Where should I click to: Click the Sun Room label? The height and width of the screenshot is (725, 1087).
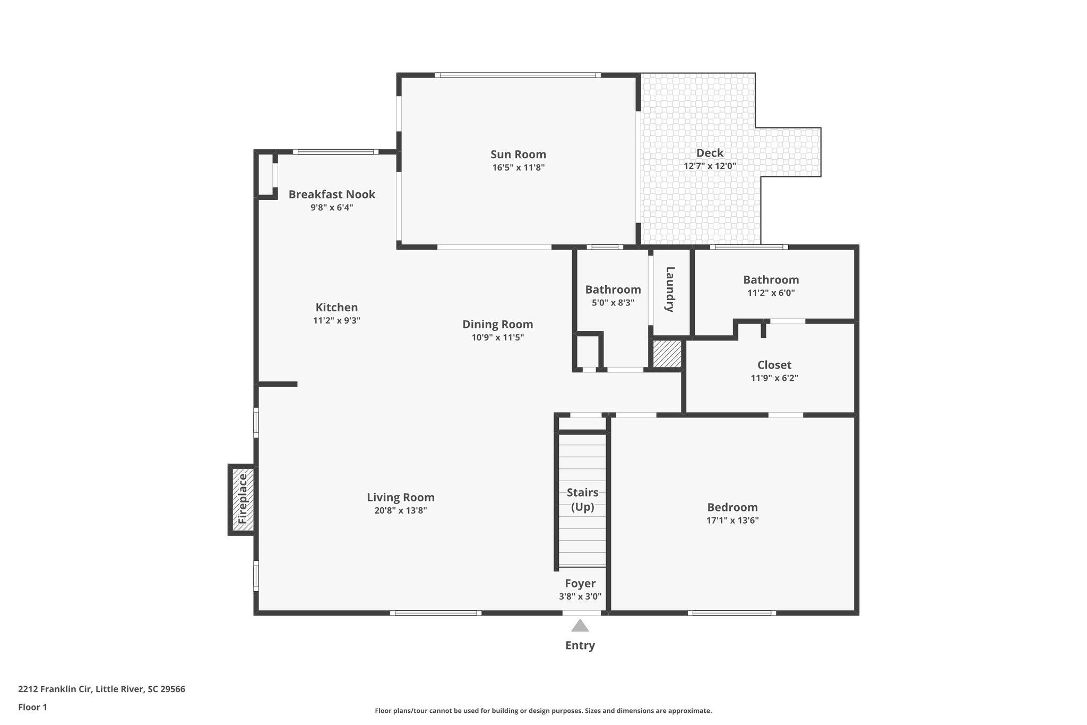[x=518, y=155]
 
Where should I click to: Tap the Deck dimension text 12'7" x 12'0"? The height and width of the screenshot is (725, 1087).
[x=710, y=166]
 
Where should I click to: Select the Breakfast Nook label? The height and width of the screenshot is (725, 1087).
[x=332, y=194]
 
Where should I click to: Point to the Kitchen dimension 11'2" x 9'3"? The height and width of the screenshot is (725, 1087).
[x=337, y=320]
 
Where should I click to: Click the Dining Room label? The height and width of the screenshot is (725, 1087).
[x=497, y=325]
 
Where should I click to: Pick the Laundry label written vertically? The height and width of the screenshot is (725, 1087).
[x=670, y=289]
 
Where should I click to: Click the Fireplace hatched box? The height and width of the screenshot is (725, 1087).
[x=242, y=499]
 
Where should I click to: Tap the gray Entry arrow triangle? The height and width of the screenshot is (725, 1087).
[x=580, y=626]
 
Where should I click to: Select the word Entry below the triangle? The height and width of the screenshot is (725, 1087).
[x=580, y=645]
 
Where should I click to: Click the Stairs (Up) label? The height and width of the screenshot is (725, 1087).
[x=582, y=500]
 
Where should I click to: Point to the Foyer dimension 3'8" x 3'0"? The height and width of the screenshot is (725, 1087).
[x=580, y=596]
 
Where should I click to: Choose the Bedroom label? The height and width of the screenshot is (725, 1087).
[x=732, y=507]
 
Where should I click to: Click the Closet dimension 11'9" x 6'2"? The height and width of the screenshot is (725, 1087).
[x=774, y=378]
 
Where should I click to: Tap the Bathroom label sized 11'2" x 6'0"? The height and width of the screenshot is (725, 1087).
[x=771, y=280]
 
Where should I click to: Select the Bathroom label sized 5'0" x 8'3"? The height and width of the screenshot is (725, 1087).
[x=613, y=290]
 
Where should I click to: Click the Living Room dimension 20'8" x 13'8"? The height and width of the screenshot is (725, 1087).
[x=401, y=510]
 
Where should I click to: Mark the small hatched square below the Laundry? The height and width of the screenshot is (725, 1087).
[x=667, y=354]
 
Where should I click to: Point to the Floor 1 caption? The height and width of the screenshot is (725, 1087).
[x=33, y=707]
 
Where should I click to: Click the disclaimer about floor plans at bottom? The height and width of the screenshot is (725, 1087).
[x=543, y=711]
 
